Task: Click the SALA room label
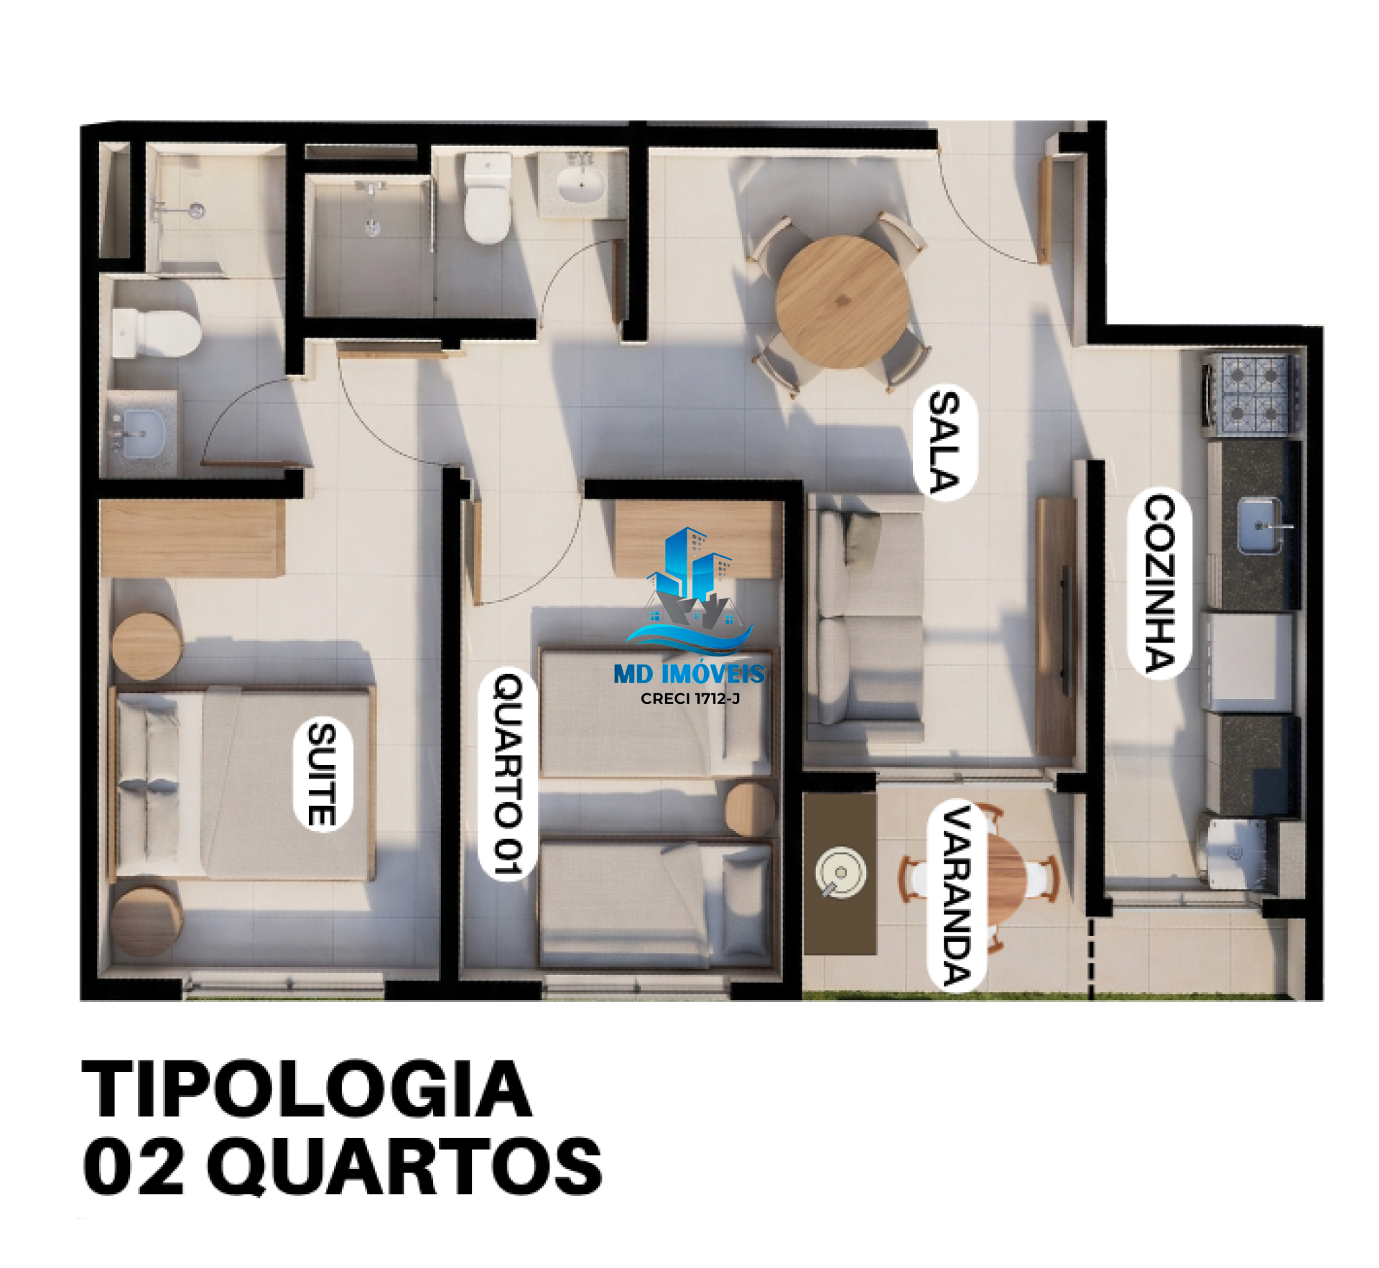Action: (x=944, y=441)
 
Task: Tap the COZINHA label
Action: (x=1159, y=583)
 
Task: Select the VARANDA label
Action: (x=957, y=895)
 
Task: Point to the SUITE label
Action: (x=322, y=774)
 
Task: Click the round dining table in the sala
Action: (x=842, y=302)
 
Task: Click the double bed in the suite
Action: (x=242, y=783)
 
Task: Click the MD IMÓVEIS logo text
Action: (x=689, y=673)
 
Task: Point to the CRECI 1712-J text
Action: (x=689, y=698)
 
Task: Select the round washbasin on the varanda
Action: (x=840, y=872)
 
